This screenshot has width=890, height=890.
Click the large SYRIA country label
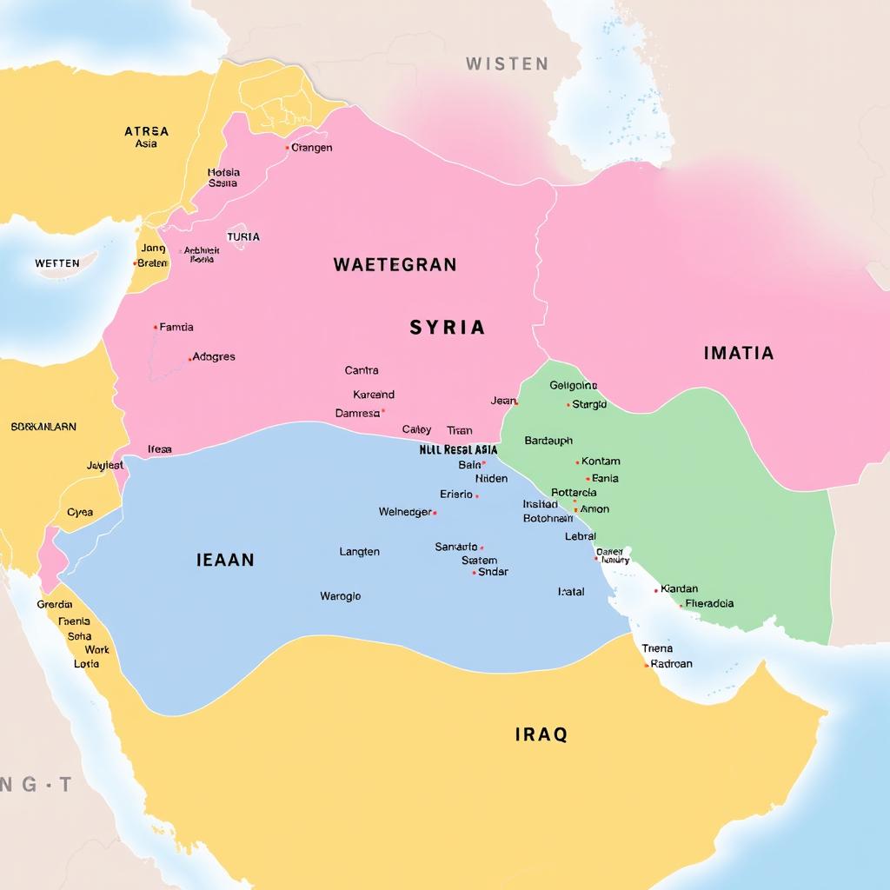click(x=447, y=328)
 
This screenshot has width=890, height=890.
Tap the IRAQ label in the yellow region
click(x=541, y=734)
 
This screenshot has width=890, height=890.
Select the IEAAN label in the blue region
click(x=225, y=560)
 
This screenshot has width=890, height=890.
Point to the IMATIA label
click(x=738, y=353)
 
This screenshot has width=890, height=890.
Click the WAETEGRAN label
click(x=395, y=265)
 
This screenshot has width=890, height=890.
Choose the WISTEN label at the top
click(x=507, y=63)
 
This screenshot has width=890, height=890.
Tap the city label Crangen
click(x=312, y=148)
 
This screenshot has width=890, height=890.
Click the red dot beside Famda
click(x=156, y=328)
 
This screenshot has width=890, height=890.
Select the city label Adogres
click(x=214, y=356)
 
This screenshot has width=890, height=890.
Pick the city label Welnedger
click(x=405, y=512)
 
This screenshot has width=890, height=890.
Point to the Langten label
click(x=359, y=552)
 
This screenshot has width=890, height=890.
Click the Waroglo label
click(x=340, y=596)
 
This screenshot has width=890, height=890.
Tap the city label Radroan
click(x=672, y=663)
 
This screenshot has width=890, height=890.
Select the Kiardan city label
click(x=680, y=589)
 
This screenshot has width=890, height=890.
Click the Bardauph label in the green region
click(x=548, y=441)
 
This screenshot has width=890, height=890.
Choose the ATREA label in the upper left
click(x=146, y=131)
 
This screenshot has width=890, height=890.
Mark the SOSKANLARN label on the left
click(x=43, y=427)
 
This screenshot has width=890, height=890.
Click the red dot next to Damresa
click(x=383, y=412)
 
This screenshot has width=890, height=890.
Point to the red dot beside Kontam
click(x=577, y=462)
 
